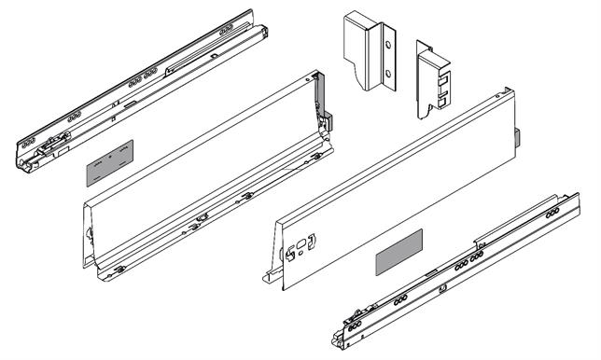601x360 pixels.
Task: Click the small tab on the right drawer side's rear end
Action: pos(518,140)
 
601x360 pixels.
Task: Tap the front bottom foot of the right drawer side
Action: pos(266,276)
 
